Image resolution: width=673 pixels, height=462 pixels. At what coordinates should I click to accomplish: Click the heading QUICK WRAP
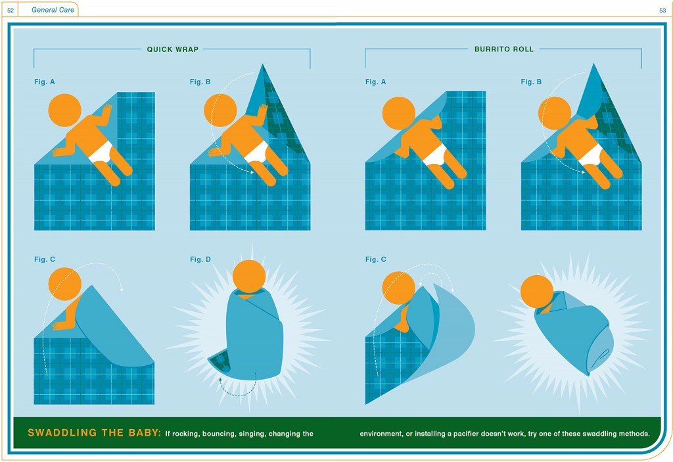click(x=173, y=49)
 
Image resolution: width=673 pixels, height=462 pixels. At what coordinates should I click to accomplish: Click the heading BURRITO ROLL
click(x=504, y=49)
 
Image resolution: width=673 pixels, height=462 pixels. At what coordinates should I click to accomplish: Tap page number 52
click(x=11, y=11)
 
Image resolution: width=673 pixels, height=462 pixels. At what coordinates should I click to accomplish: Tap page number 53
click(x=662, y=11)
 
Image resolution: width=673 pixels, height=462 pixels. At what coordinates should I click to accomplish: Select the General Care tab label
click(x=53, y=9)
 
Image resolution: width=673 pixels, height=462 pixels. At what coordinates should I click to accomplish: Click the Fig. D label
click(x=200, y=259)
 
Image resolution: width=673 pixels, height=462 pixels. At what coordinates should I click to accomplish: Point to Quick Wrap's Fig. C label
click(x=45, y=259)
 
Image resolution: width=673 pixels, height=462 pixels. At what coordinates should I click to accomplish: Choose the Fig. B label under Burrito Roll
click(x=531, y=82)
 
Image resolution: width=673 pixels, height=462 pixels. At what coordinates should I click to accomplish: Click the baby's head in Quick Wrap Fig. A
click(x=65, y=110)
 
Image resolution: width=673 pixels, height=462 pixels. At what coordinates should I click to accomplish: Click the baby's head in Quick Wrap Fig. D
click(x=249, y=276)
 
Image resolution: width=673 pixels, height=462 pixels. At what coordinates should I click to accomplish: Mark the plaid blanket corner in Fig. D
click(x=220, y=362)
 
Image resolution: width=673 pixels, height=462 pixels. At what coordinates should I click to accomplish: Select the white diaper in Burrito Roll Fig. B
click(x=591, y=154)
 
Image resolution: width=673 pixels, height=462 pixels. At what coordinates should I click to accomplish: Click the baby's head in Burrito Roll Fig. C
click(x=399, y=288)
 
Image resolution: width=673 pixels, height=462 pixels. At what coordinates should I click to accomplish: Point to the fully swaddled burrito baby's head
click(x=536, y=291)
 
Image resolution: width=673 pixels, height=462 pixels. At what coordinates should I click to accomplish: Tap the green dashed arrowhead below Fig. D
click(x=220, y=379)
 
